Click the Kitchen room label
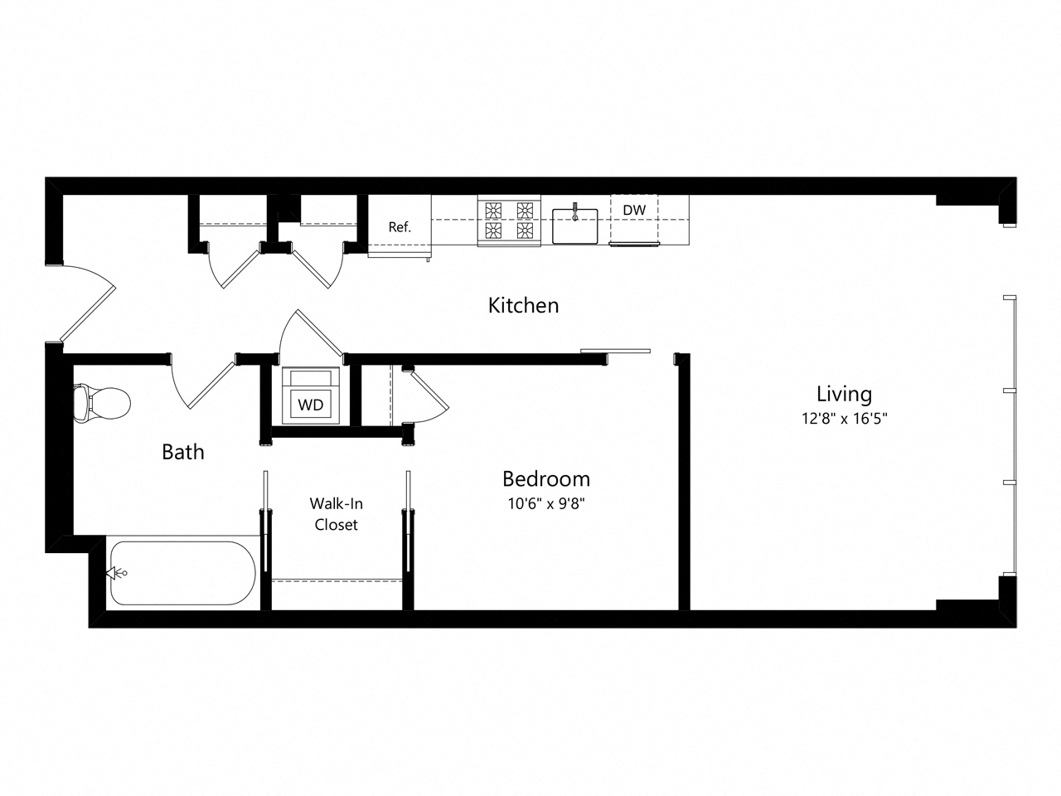pyautogui.click(x=523, y=305)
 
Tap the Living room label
pyautogui.click(x=844, y=394)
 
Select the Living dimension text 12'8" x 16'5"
pyautogui.click(x=844, y=419)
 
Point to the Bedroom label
pyautogui.click(x=546, y=478)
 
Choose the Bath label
pyautogui.click(x=182, y=452)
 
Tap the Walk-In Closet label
pyautogui.click(x=336, y=513)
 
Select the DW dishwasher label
pyautogui.click(x=634, y=211)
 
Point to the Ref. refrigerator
pyautogui.click(x=400, y=226)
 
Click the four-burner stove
pyautogui.click(x=509, y=220)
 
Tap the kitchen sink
pyautogui.click(x=575, y=225)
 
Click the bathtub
pyautogui.click(x=182, y=573)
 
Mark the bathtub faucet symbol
pyautogui.click(x=117, y=573)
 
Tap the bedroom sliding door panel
pyautogui.click(x=616, y=352)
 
